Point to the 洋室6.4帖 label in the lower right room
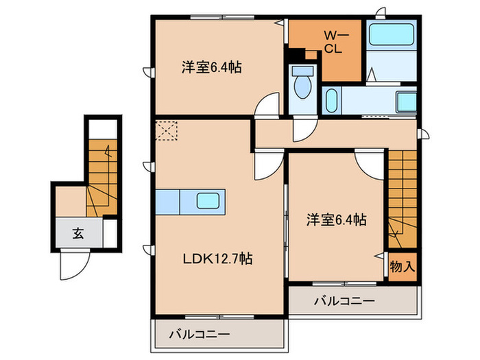[x=335, y=220]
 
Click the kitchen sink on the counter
[x=209, y=202]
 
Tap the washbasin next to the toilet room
[x=331, y=102]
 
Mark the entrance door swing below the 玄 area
[x=71, y=265]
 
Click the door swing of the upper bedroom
[x=269, y=106]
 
